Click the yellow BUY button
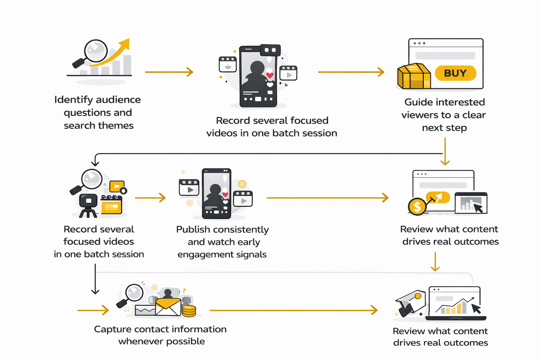[x=455, y=73]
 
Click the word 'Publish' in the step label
[x=193, y=230]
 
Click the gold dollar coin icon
[x=417, y=207]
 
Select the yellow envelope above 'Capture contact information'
[x=168, y=307]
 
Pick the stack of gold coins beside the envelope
[x=189, y=311]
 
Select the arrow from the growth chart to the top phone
[x=169, y=72]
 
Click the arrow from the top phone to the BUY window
[x=351, y=72]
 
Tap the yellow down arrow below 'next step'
[x=445, y=152]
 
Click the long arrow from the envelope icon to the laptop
[x=293, y=310]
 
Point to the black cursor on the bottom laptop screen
[x=476, y=309]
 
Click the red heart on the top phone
[x=270, y=75]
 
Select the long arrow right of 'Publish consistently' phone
[x=327, y=198]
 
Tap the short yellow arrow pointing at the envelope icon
[x=93, y=310]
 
